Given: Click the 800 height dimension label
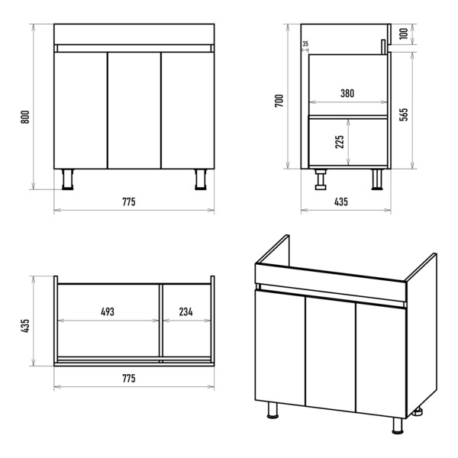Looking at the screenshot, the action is click(25, 117).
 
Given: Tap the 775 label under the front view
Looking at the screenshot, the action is click(129, 202).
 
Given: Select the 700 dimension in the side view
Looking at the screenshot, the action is click(279, 101).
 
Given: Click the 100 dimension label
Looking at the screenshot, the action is click(403, 34).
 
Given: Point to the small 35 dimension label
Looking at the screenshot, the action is click(305, 44).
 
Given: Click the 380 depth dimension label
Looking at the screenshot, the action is click(347, 93).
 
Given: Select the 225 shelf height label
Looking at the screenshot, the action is click(340, 142).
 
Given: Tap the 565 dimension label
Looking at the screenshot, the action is click(403, 114).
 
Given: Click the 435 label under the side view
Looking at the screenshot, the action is click(341, 202).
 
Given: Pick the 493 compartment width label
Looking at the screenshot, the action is click(108, 311).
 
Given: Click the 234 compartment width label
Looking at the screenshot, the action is click(185, 311).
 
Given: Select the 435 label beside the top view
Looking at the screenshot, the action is click(25, 325).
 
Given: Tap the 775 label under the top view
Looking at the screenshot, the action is click(129, 379).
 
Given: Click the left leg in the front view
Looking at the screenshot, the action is click(68, 179).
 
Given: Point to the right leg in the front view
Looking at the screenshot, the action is click(201, 179).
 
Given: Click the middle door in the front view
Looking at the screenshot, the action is click(134, 111).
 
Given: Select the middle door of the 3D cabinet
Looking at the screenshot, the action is click(331, 354).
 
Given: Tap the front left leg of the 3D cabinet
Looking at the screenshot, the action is click(273, 410).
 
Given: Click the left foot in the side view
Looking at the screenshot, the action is click(321, 179).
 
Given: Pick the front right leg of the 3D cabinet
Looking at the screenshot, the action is click(397, 425).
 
